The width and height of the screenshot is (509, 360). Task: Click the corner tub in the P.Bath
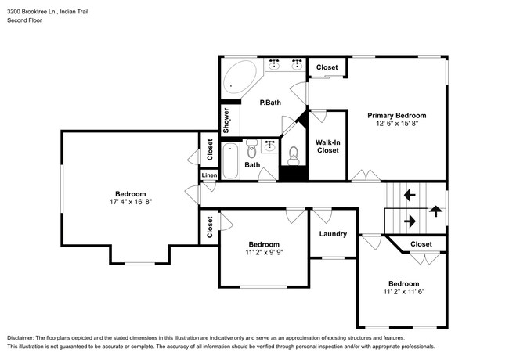pos(240,76)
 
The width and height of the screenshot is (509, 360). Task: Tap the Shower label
pos(227,121)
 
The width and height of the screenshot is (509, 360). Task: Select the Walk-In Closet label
pos(327,146)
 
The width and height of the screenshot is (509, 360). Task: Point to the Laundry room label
pos(333,233)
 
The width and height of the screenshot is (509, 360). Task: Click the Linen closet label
pos(209,176)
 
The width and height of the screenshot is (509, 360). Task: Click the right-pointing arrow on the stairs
pos(409,221)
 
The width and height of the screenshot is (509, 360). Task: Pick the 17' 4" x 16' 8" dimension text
pos(131,201)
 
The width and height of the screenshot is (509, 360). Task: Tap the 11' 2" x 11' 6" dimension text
pos(403,292)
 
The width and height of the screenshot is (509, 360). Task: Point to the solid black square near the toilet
pos(292,174)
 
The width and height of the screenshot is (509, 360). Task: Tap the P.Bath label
pos(271,103)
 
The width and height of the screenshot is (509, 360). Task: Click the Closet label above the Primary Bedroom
pos(327,67)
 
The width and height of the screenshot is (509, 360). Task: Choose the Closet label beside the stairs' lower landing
pos(421,244)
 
